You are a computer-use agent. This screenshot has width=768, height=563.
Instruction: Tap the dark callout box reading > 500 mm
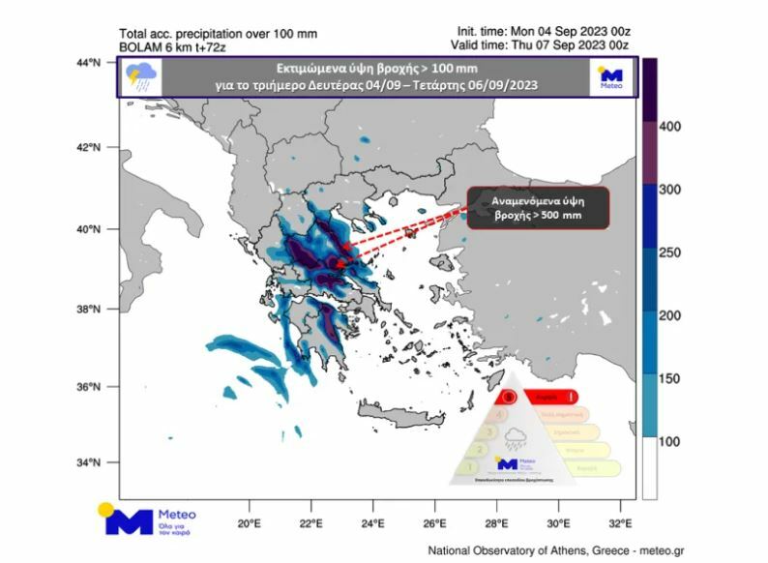click(x=539, y=207)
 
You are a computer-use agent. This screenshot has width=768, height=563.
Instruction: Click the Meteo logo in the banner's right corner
click(x=609, y=77)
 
